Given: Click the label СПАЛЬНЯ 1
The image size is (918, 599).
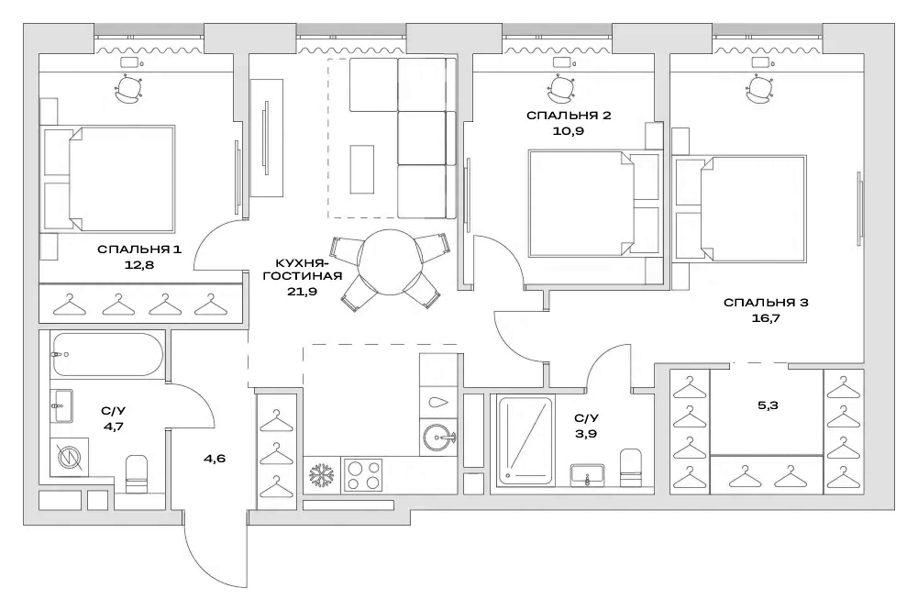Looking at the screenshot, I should pyautogui.click(x=139, y=250).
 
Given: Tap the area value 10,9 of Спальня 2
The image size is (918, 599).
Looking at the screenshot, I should pyautogui.click(x=569, y=131).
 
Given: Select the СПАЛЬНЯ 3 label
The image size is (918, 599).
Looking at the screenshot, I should pyautogui.click(x=765, y=303).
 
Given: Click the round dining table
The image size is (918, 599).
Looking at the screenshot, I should pyautogui.click(x=391, y=263).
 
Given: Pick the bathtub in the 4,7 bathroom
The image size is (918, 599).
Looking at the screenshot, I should pyautogui.click(x=107, y=353).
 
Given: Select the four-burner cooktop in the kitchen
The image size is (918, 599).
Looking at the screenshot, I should pyautogui.click(x=364, y=475).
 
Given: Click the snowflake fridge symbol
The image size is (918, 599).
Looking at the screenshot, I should pyautogui.click(x=322, y=476).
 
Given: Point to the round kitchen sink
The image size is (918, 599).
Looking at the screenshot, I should pyautogui.click(x=440, y=438).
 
